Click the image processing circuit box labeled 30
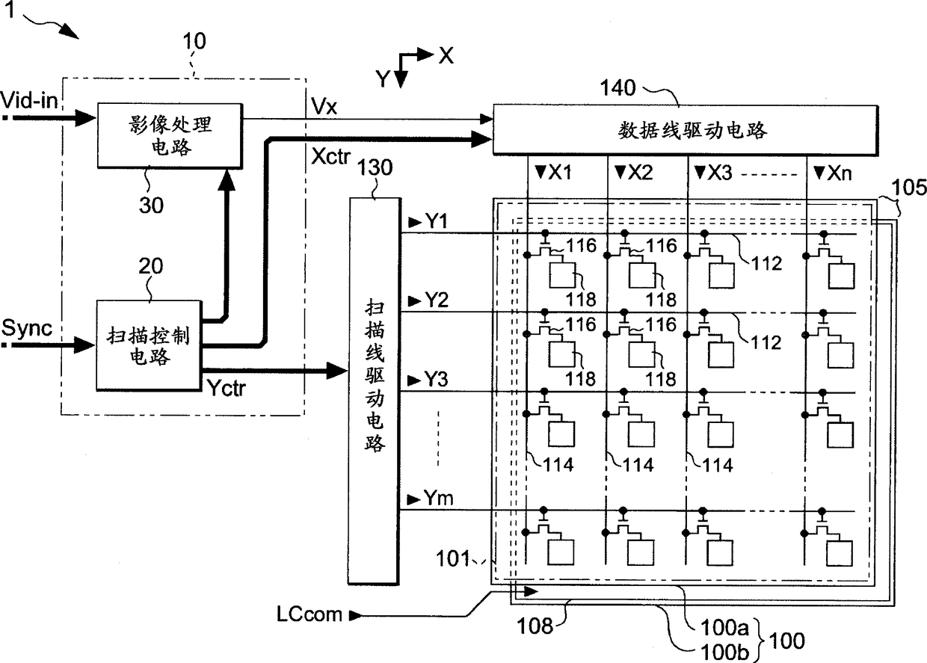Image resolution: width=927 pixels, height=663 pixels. coord(170,136)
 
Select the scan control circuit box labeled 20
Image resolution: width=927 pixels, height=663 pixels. coord(149,345)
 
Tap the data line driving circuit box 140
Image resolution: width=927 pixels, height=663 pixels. coord(686,130)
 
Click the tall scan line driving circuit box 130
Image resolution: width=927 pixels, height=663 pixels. coord(375,391)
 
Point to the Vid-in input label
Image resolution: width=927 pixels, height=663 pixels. coord(29,100)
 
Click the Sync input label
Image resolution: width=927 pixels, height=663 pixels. coord(27,328)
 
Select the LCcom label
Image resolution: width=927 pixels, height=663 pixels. coord(309,614)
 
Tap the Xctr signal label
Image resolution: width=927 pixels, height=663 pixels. coord(330,156)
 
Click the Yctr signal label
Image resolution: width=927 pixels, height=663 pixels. coord(226,388)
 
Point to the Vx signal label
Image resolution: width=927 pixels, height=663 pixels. coord(324,107)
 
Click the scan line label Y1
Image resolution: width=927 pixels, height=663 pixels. coord(436,221)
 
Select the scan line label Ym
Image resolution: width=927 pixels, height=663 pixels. coord(438,498)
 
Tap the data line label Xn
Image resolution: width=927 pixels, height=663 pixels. coord(840,173)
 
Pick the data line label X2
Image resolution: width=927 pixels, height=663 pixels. coord(640,172)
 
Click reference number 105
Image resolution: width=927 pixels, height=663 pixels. coord(909,188)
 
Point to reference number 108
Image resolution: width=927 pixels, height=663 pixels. coord(535,626)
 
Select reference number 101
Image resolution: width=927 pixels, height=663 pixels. coord(453,558)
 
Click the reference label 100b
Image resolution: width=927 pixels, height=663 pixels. coord(724,653)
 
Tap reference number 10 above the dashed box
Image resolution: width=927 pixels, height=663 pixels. coord(194,41)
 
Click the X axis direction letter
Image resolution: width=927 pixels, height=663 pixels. coord(446,55)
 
